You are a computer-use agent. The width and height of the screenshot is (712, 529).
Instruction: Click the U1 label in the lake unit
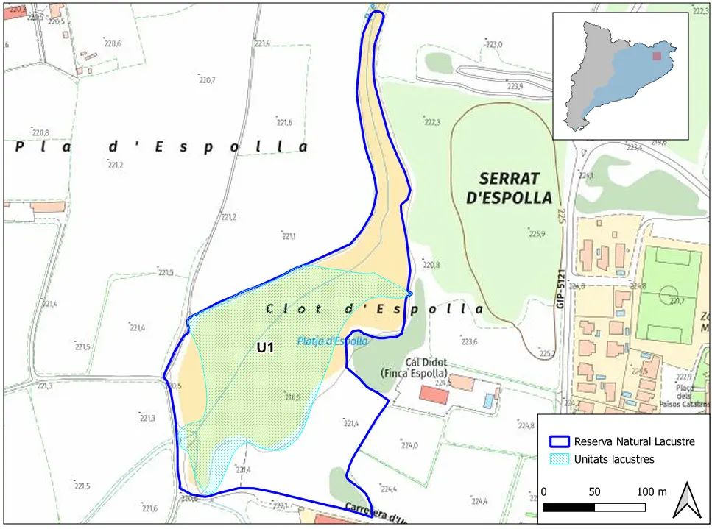point(265,348)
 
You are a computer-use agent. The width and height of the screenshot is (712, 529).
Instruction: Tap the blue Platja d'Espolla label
point(332,341)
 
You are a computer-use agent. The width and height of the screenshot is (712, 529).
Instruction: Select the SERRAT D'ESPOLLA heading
point(515,188)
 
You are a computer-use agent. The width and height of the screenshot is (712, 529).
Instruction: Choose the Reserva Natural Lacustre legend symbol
point(560,441)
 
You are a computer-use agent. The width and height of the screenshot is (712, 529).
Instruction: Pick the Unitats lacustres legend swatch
point(560,459)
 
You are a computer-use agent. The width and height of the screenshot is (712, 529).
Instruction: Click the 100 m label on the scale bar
point(652,491)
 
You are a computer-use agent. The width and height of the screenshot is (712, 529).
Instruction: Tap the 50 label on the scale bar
point(594,491)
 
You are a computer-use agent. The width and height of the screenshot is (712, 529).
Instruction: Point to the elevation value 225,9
point(537,235)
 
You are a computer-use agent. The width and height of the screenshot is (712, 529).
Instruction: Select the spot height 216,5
point(292,397)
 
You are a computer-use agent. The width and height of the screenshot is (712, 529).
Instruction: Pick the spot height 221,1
point(288,236)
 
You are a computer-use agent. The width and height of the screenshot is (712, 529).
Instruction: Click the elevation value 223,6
point(469,341)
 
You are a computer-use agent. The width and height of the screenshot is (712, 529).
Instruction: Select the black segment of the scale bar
point(568,507)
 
